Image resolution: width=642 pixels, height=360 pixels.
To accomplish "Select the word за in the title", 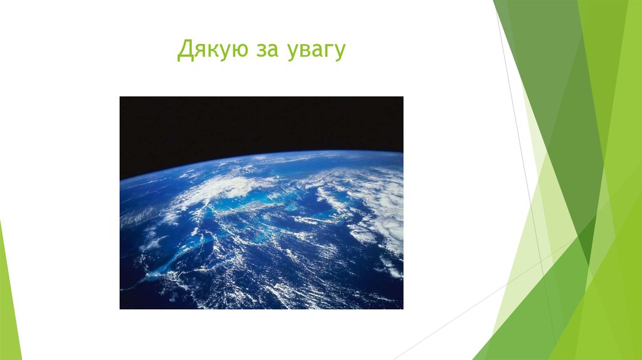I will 268,52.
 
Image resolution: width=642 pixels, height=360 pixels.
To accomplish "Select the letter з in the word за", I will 261,52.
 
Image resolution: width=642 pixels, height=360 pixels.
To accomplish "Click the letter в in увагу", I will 306,52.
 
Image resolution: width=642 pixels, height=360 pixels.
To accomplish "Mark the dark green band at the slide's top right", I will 552,63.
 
